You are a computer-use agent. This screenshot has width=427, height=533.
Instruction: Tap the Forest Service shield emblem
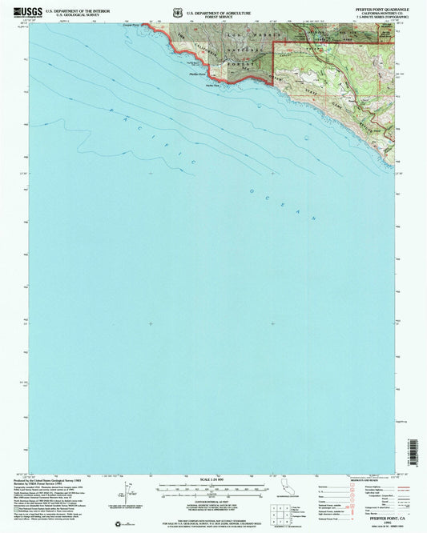176,13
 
